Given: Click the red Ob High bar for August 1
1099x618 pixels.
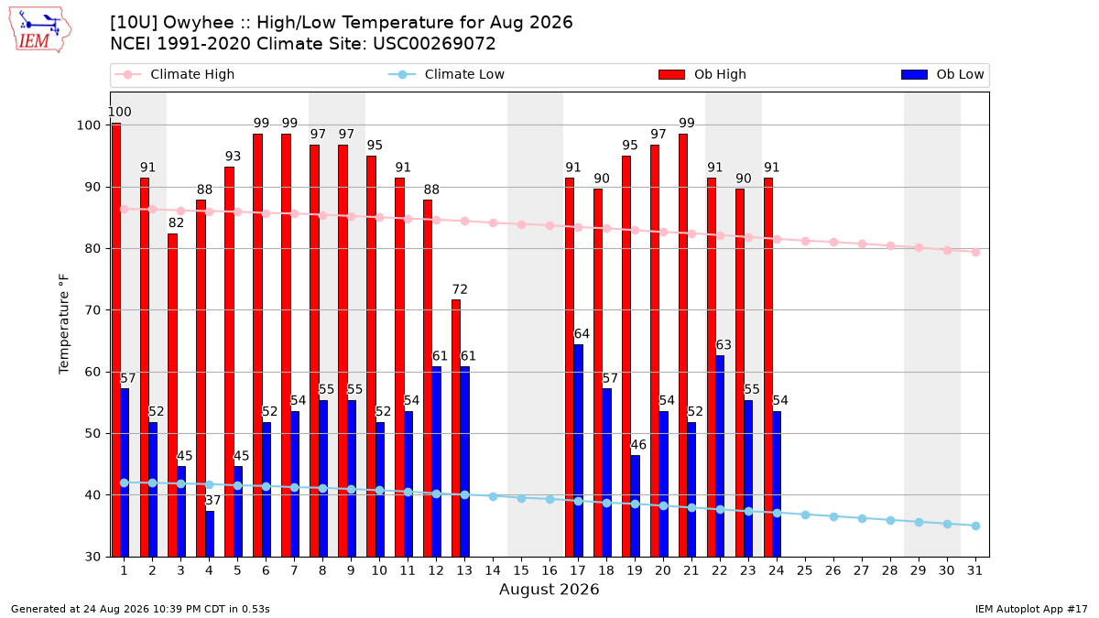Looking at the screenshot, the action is click(115, 340).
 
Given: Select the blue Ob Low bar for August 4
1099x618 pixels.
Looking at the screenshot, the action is click(210, 534).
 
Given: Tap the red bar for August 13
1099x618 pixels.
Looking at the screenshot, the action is click(456, 428).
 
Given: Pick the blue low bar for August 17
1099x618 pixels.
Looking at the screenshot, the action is click(578, 450).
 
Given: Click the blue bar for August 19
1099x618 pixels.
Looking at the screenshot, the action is click(635, 506).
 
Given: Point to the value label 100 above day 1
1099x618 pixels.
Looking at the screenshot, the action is click(120, 112).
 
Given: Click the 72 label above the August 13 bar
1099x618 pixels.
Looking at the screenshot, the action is click(460, 289).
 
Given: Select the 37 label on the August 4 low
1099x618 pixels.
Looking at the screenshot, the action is click(212, 500).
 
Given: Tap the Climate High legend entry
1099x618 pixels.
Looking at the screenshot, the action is click(174, 74).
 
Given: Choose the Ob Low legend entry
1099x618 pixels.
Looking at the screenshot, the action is click(942, 74).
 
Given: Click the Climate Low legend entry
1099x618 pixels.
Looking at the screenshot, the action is click(447, 74).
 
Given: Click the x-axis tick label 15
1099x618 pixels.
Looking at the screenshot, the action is click(521, 570).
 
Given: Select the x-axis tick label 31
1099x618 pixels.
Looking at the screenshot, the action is click(974, 570).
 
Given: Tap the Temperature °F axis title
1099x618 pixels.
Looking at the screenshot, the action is click(64, 324).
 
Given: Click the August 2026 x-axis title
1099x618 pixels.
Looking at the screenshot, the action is click(549, 589).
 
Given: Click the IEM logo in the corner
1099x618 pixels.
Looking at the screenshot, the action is click(39, 30).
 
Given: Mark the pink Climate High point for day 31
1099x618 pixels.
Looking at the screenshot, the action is click(976, 252).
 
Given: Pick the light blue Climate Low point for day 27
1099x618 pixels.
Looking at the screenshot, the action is click(862, 518).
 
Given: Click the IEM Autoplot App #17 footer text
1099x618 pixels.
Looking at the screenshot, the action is click(1031, 609).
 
